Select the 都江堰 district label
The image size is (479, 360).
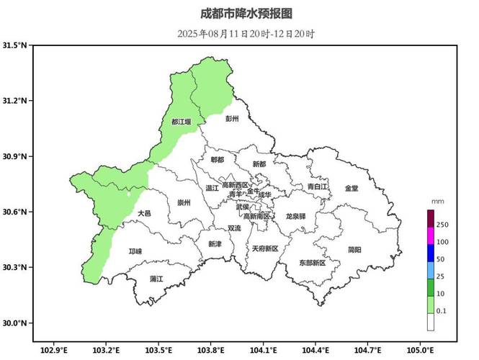(x=182, y=122)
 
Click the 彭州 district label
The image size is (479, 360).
(x=231, y=118)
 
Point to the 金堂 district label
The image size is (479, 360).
(x=351, y=188)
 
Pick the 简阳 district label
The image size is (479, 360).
(x=354, y=249)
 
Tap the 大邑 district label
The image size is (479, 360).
(x=144, y=213)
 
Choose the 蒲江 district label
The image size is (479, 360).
(x=156, y=278)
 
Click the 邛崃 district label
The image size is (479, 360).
(x=135, y=251)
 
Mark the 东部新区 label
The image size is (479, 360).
(x=312, y=263)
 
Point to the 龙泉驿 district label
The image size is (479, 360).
(x=295, y=216)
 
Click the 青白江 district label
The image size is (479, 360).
(x=317, y=186)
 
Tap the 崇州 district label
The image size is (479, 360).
(x=184, y=203)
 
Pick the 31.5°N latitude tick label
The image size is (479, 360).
(x=15, y=45)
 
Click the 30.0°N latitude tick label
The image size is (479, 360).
(x=15, y=323)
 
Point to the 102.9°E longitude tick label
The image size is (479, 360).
(x=54, y=350)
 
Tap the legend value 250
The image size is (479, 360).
(x=442, y=225)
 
